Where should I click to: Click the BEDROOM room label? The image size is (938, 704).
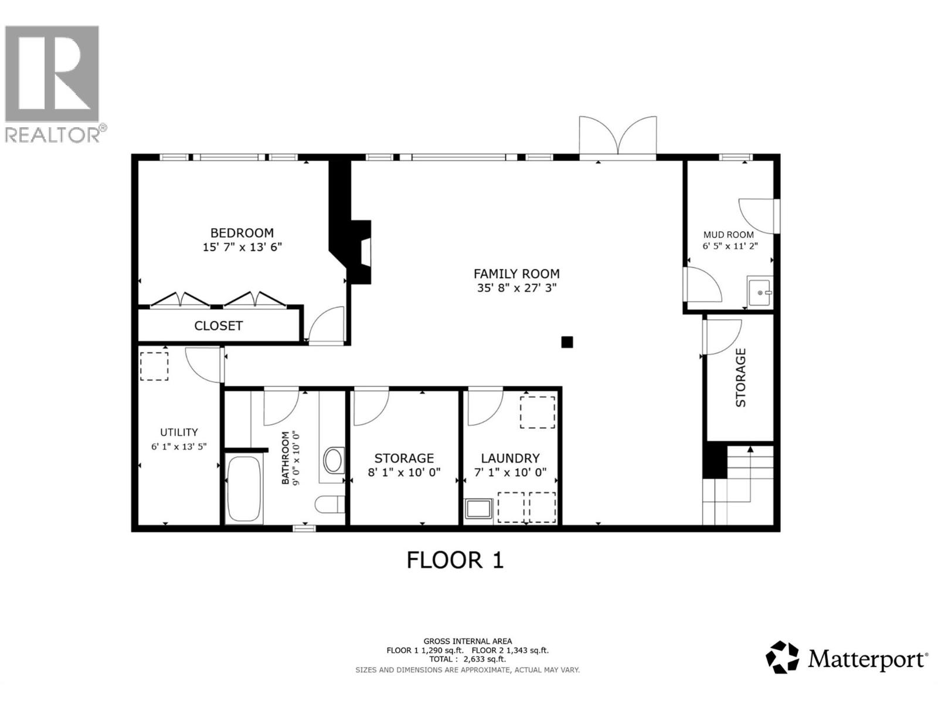click(242, 233)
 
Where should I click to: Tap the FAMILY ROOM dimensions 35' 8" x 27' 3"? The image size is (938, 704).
click(516, 288)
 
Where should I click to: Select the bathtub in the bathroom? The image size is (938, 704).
click(244, 489)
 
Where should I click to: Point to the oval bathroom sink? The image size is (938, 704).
click(334, 460)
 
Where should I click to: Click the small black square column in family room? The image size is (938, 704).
click(567, 342)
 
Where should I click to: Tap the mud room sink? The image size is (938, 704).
click(760, 291)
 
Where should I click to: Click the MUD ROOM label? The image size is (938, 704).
click(729, 235)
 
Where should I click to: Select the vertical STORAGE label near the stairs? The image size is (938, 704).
click(740, 377)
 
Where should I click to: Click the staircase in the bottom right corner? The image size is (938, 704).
click(742, 486)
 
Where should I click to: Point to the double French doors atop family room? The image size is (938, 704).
click(618, 137)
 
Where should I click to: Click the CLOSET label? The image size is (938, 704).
click(219, 326)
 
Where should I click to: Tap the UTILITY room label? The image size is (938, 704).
click(179, 432)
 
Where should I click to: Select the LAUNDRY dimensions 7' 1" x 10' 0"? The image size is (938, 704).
click(510, 472)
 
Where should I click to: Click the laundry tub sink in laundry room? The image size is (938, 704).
click(479, 509)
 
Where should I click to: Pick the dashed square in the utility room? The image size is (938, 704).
click(154, 366)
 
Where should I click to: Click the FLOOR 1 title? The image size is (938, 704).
click(455, 560)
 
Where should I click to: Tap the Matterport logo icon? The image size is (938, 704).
click(783, 657)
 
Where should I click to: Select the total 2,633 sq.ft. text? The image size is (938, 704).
click(467, 659)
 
